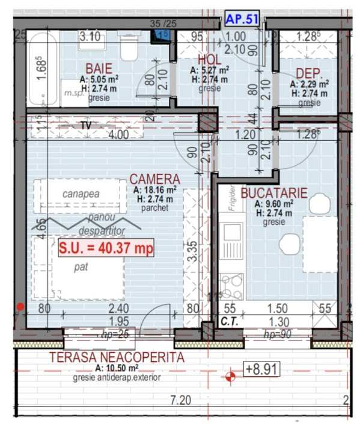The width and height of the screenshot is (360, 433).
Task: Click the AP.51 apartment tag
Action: [x=242, y=19]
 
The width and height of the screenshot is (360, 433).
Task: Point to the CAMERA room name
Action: [x=156, y=179]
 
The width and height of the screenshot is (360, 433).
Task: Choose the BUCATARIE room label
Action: [x=274, y=193]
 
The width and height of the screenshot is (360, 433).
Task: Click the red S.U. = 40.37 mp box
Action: [x=105, y=247]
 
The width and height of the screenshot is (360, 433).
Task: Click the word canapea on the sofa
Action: [x=81, y=194]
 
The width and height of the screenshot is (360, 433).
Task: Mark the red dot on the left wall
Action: [x=20, y=307]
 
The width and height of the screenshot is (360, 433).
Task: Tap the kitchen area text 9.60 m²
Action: [x=274, y=204]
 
